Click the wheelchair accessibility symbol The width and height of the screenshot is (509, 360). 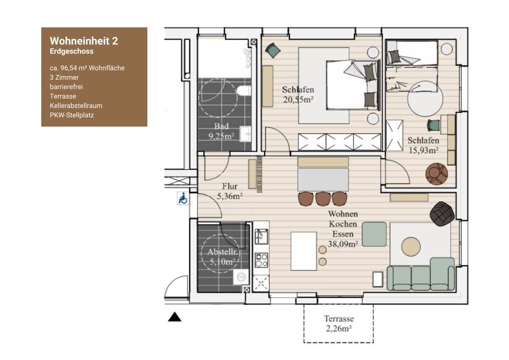coord(183,198)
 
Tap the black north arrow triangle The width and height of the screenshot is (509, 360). coord(174,317)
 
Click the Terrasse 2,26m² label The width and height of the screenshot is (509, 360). coord(339,323)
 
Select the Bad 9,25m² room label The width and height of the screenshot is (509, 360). coord(221,131)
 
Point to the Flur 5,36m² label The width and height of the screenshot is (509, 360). coord(230,191)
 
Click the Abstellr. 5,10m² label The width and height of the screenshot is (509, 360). coord(222,257)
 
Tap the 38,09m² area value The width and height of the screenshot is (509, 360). coord(343,244)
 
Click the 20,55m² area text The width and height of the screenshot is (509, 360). coord(298,100)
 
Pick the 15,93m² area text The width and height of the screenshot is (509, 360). coord(424,150)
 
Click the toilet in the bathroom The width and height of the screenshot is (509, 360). coord(244,91)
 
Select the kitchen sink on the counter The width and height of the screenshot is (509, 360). coord(261,236)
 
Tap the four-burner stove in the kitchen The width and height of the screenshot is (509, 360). coord(261,260)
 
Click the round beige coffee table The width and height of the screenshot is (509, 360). coord(411,247)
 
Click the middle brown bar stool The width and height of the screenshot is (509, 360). coord(323,199)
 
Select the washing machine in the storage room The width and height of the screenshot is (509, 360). coord(241,277)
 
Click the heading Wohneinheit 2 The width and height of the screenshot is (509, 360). coord(84,41)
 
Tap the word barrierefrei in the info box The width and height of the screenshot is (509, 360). coord(66,87)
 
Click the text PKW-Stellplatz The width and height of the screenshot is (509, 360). coord(72,115)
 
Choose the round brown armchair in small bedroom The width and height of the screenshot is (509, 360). coord(436,174)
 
